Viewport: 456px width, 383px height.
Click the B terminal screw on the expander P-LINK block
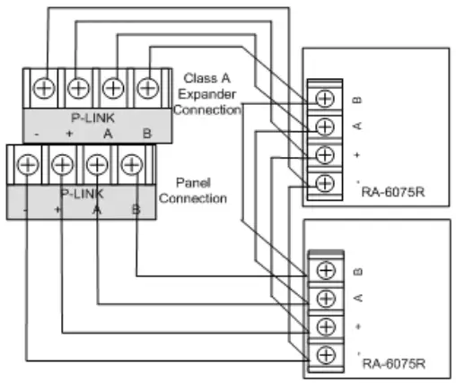(x=147, y=88)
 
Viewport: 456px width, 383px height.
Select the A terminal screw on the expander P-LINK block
(x=112, y=88)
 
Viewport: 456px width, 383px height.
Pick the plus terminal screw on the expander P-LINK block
(x=78, y=88)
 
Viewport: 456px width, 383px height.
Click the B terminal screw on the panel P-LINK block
(x=131, y=165)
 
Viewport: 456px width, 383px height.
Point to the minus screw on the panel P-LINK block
(x=27, y=165)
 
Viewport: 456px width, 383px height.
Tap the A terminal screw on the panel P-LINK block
(x=96, y=165)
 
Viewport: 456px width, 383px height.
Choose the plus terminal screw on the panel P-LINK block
(x=61, y=165)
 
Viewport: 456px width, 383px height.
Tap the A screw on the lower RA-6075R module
(x=326, y=296)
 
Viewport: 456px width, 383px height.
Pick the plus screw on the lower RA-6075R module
(x=326, y=325)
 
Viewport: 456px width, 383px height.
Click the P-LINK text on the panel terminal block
(x=78, y=194)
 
